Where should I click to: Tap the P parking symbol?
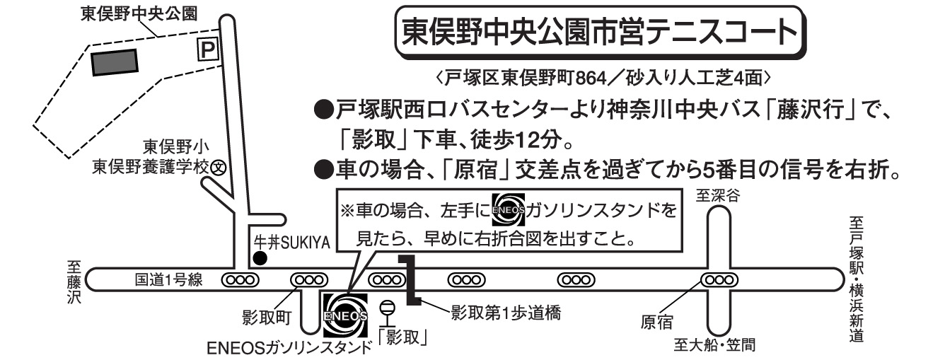pyautogui.click(x=207, y=49)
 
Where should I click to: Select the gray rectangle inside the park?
pyautogui.click(x=114, y=62)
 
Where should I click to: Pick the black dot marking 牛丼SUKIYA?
pyautogui.click(x=260, y=258)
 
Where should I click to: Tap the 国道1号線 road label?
pyautogui.click(x=169, y=280)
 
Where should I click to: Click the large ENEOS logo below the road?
pyautogui.click(x=344, y=315)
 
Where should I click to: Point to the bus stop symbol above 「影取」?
pyautogui.click(x=387, y=311)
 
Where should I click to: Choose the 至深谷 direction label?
pyautogui.click(x=717, y=197)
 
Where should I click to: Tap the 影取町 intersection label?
pyautogui.click(x=267, y=316)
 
